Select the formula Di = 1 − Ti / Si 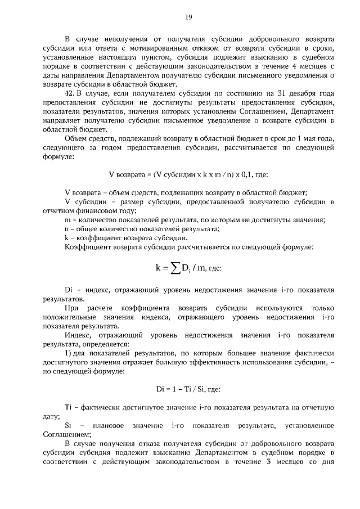(x=182, y=389)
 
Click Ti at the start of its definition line (x=69, y=408)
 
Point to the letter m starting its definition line (x=68, y=219)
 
